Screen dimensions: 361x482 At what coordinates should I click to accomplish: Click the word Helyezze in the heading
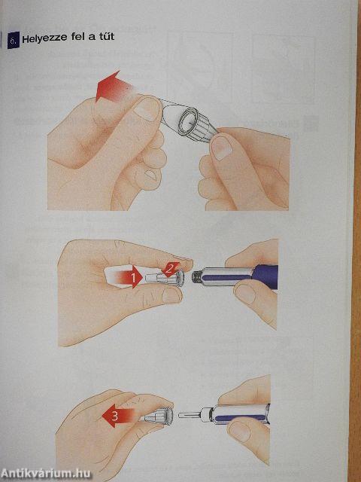(x=44, y=38)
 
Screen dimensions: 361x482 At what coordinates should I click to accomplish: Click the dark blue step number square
(x=14, y=40)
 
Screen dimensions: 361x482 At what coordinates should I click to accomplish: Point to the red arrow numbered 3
(x=118, y=415)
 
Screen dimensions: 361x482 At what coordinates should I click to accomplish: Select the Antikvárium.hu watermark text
(x=46, y=474)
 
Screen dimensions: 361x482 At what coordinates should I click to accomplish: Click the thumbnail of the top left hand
(x=147, y=109)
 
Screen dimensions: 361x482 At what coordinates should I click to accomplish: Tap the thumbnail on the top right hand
(x=221, y=148)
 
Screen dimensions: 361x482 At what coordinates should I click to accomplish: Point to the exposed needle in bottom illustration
(x=189, y=415)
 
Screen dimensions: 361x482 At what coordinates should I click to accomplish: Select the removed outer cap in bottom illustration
(x=157, y=416)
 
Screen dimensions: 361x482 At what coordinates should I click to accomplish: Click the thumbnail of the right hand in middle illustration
(x=244, y=294)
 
